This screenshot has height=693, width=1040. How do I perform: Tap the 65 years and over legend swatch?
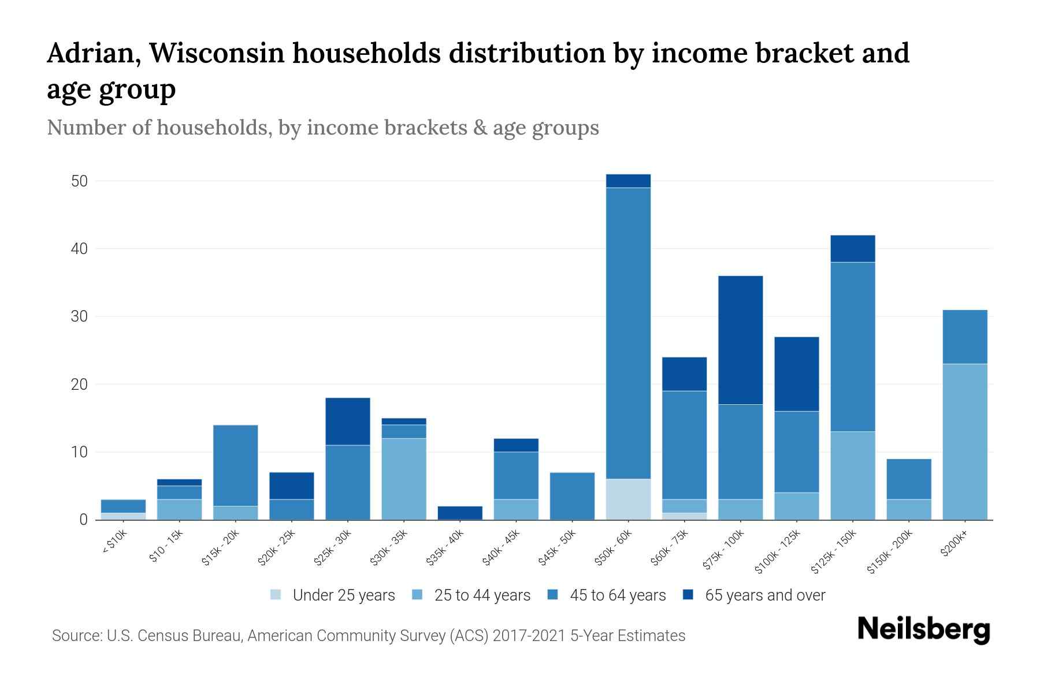[688, 595]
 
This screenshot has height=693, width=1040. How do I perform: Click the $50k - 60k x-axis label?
[614, 549]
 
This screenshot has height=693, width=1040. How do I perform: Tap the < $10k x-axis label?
[114, 543]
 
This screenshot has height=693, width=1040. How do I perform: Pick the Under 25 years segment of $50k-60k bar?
[629, 499]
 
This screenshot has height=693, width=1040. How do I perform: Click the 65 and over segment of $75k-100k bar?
[741, 340]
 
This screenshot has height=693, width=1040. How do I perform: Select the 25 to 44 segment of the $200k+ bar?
[965, 442]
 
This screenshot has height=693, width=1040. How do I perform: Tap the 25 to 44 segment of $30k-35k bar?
[404, 479]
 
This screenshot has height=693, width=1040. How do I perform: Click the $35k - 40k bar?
[460, 513]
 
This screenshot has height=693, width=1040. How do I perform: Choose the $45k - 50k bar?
[572, 496]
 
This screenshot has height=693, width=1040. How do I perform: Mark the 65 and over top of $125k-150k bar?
[853, 249]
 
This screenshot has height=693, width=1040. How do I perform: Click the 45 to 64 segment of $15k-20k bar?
[236, 465]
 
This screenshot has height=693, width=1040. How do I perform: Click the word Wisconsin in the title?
[218, 53]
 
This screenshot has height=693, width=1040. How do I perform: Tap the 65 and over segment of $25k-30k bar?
[348, 422]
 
